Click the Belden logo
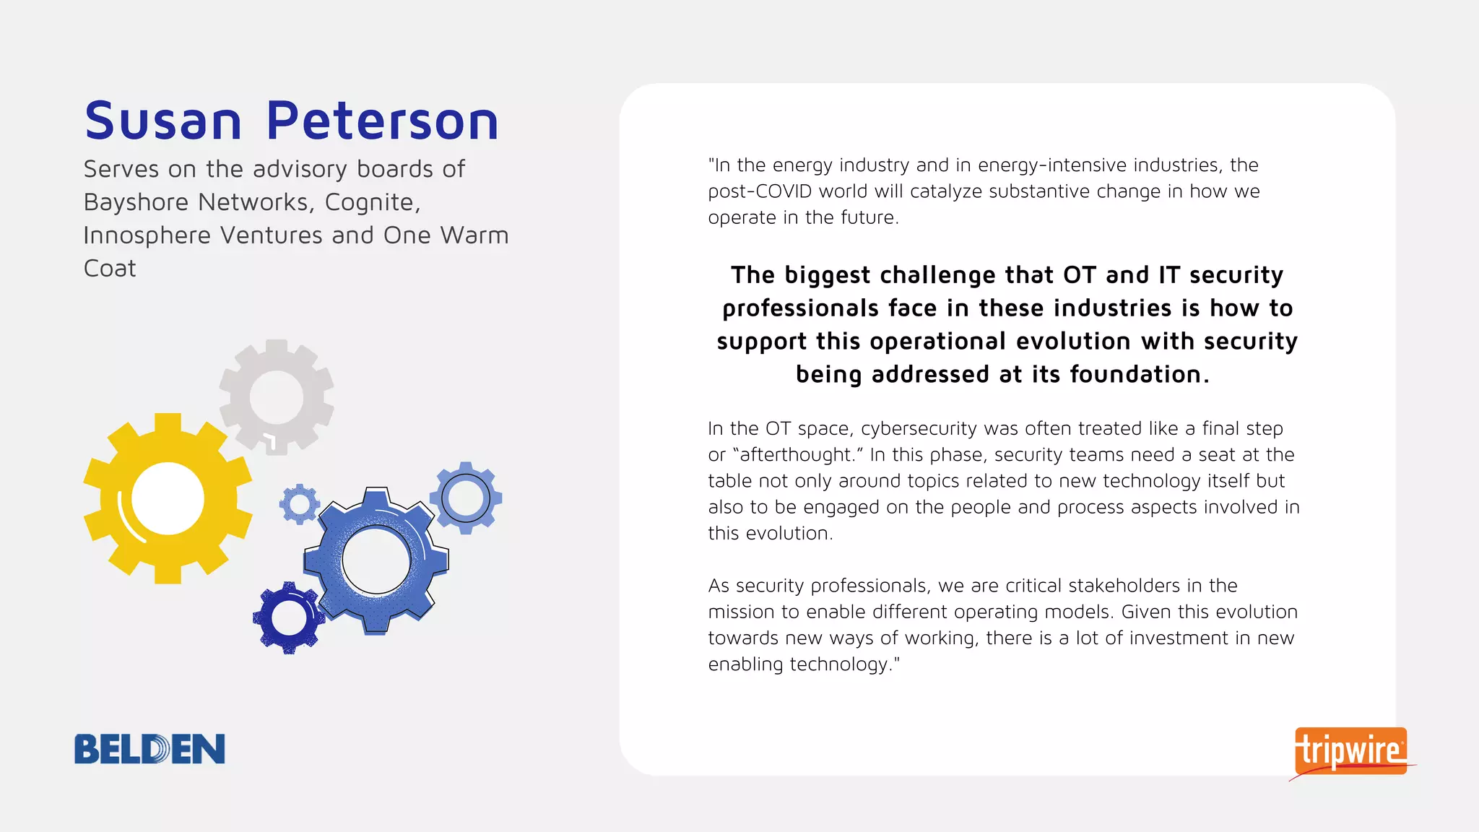point(149,749)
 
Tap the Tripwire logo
point(1350,751)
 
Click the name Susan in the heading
point(163,121)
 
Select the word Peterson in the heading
point(383,121)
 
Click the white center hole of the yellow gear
point(168,498)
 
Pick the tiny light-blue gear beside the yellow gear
point(300,503)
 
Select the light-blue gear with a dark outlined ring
point(466,498)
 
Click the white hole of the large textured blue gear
point(376,560)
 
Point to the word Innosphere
point(148,235)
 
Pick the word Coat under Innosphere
point(110,269)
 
